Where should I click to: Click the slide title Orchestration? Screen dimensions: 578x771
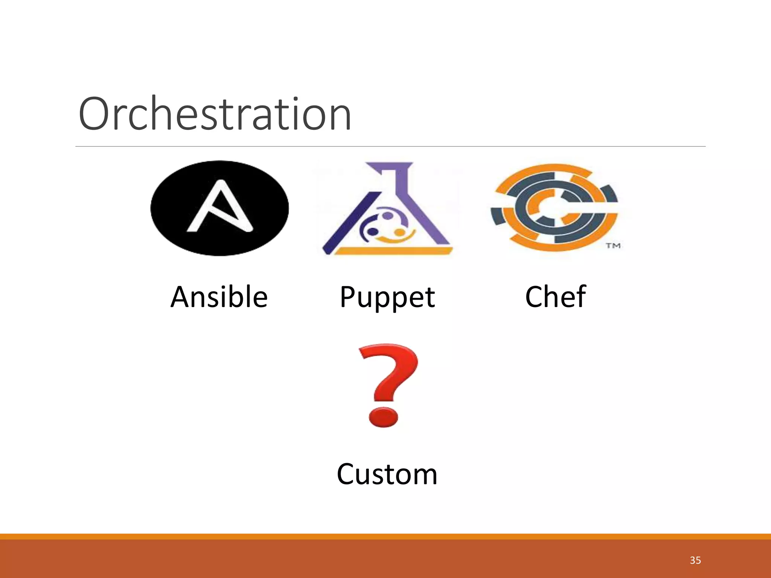point(215,114)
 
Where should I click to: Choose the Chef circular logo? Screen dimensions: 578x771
point(554,208)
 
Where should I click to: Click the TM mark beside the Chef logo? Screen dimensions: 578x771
point(613,246)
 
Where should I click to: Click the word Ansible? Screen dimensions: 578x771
point(219,297)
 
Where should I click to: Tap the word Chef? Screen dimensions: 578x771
point(555,297)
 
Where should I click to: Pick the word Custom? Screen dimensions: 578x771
point(387,474)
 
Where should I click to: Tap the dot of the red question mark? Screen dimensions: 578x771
point(383,417)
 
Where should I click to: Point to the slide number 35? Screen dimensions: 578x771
point(695,560)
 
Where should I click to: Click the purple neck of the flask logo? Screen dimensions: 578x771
point(399,177)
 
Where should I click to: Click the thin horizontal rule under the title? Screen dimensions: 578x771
point(390,146)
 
